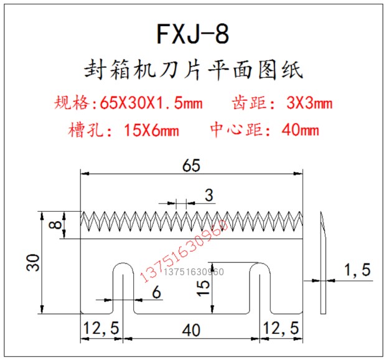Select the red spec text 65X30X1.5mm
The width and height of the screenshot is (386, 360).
tap(146, 102)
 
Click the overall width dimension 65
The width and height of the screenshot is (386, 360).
tap(191, 166)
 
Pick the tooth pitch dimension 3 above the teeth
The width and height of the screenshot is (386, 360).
tap(208, 196)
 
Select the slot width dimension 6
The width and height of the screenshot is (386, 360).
tap(156, 291)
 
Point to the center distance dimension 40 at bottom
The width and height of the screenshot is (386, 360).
tap(191, 328)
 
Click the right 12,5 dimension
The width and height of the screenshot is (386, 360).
tap(281, 328)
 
